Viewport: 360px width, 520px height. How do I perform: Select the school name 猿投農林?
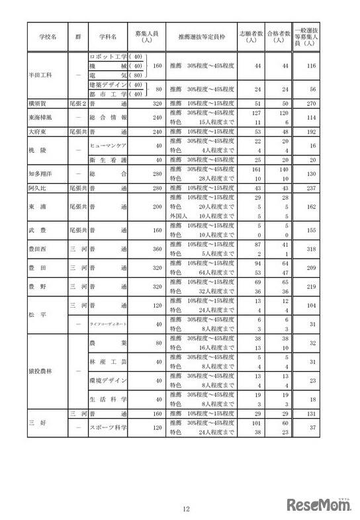point(42,369)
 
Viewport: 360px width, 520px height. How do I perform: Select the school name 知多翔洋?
point(42,174)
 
